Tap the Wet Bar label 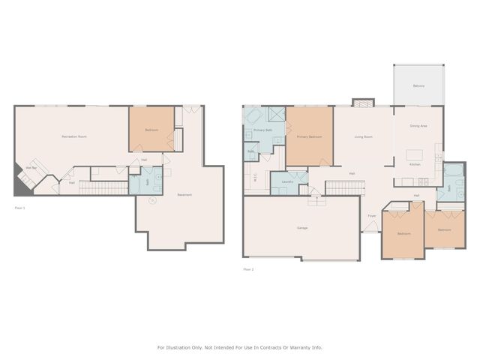pos(32,167)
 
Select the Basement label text pos(184,195)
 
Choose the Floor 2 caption pos(247,268)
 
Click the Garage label pos(302,228)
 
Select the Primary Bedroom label pos(309,137)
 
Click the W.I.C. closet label pos(256,178)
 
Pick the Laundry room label pos(286,181)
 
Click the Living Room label pos(364,137)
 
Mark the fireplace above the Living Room pos(362,102)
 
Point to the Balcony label pos(418,86)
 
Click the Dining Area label pos(418,126)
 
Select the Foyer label pos(371,217)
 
